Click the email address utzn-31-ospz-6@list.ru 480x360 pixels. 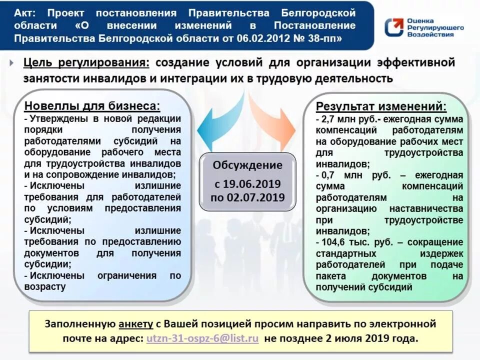[202, 338]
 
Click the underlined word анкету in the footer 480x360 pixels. [136, 323]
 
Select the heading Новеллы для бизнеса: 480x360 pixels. [92, 106]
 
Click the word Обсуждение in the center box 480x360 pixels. [247, 165]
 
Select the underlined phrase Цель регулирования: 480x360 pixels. [86, 63]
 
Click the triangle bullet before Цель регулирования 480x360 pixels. [11, 63]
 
